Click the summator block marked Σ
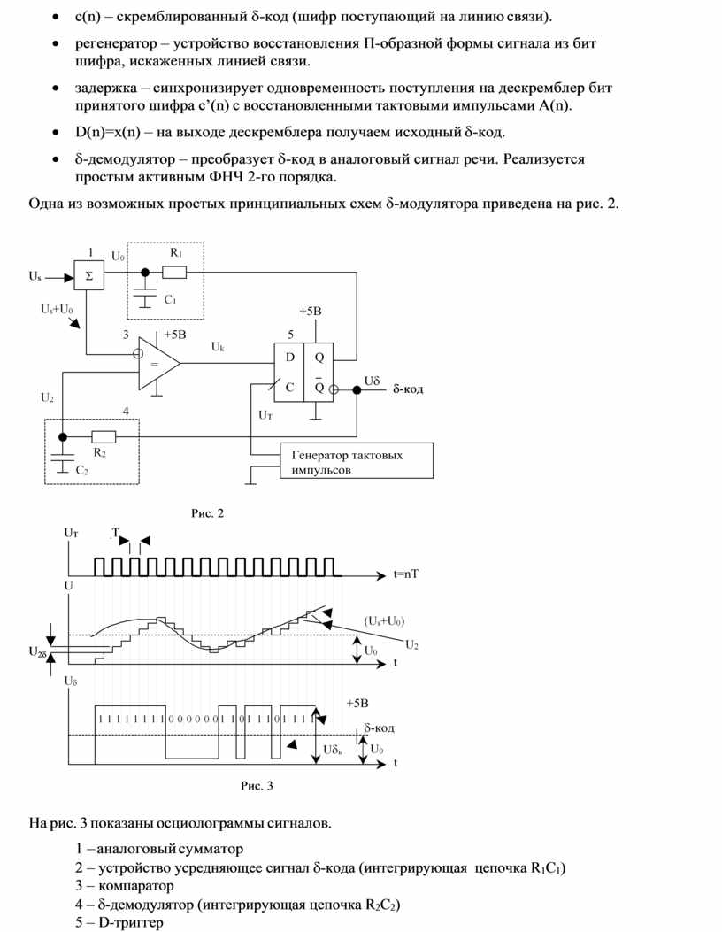pyautogui.click(x=88, y=275)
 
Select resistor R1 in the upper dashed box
pyautogui.click(x=174, y=273)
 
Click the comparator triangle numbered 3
pyautogui.click(x=158, y=364)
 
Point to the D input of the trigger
pyautogui.click(x=290, y=358)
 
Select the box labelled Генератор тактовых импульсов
pyautogui.click(x=357, y=460)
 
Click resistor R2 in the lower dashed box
pyautogui.click(x=104, y=437)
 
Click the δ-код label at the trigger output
pyautogui.click(x=408, y=389)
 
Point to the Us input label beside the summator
pyautogui.click(x=35, y=276)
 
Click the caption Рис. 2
pyautogui.click(x=207, y=513)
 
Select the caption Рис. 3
pyautogui.click(x=257, y=785)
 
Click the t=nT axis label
pyautogui.click(x=406, y=574)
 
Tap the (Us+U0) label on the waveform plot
pyautogui.click(x=384, y=621)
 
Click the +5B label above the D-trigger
pyautogui.click(x=311, y=312)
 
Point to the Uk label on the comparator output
pyautogui.click(x=218, y=346)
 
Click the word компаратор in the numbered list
pyautogui.click(x=136, y=886)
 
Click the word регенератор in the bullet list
pyautogui.click(x=116, y=44)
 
